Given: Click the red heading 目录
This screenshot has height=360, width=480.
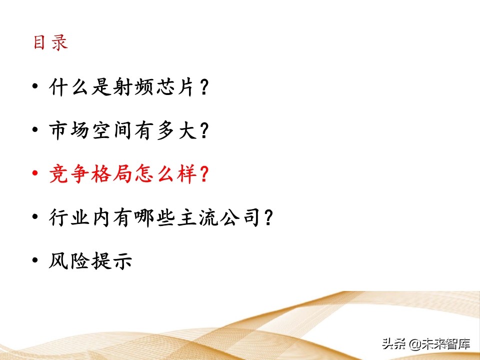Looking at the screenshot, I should point(50,43).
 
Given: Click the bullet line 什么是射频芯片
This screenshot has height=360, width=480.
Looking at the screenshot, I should point(128,88).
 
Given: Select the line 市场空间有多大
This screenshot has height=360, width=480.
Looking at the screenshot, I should point(128,131).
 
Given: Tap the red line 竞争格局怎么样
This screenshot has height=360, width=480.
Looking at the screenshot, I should point(128,175).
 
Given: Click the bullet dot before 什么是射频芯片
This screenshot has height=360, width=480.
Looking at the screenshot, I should point(34,87).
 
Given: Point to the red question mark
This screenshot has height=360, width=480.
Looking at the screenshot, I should point(203,175).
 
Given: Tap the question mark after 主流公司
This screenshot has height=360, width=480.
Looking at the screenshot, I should point(268,218).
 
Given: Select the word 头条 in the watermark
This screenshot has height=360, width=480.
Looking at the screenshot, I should point(394,344).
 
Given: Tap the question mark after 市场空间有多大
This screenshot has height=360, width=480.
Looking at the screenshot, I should point(203,132).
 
